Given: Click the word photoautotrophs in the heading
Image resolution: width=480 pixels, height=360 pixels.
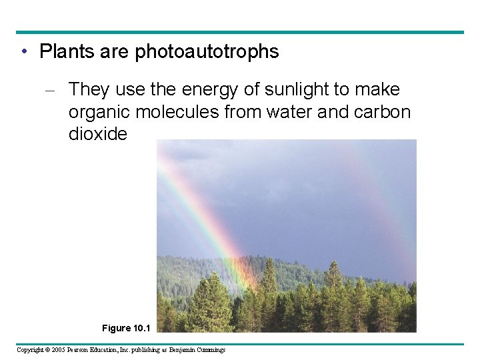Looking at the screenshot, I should (207, 52).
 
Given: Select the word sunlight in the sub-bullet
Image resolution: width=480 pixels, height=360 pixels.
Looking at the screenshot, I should (313, 89).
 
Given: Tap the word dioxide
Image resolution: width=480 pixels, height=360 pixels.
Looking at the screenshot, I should (97, 134).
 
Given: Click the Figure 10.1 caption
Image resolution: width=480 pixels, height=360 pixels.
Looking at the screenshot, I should (127, 328).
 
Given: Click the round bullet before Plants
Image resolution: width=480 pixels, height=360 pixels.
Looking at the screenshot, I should (23, 52).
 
